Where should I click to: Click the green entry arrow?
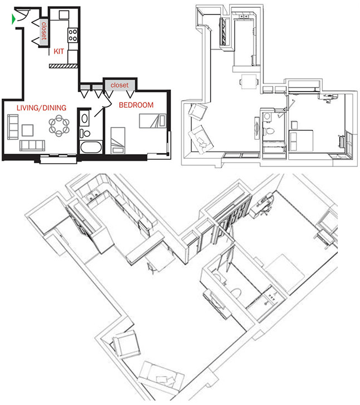point(14,20)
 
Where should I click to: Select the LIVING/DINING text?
point(41,108)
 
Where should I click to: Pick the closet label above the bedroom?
point(119,85)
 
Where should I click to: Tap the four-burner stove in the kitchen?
point(73,36)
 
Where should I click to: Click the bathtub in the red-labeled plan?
point(90,148)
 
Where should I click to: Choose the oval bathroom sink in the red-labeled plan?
point(84,118)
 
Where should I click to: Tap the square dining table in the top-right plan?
point(248,82)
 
